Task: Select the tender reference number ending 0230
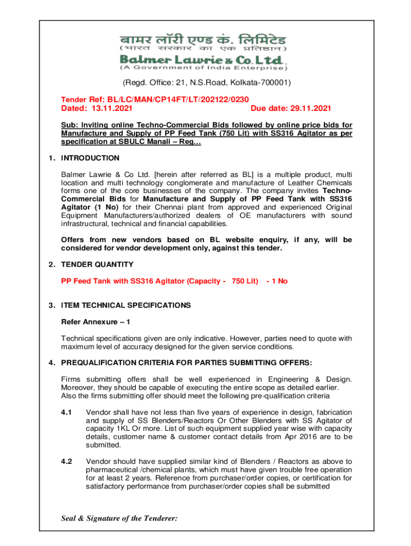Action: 178,99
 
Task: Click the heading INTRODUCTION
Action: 90,158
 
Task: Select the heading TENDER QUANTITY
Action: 97,264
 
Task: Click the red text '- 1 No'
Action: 276,280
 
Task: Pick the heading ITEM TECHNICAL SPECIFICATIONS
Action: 126,306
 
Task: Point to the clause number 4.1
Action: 67,412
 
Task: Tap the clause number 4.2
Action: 67,461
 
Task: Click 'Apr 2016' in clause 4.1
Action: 291,437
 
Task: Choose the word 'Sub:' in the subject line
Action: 69,125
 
